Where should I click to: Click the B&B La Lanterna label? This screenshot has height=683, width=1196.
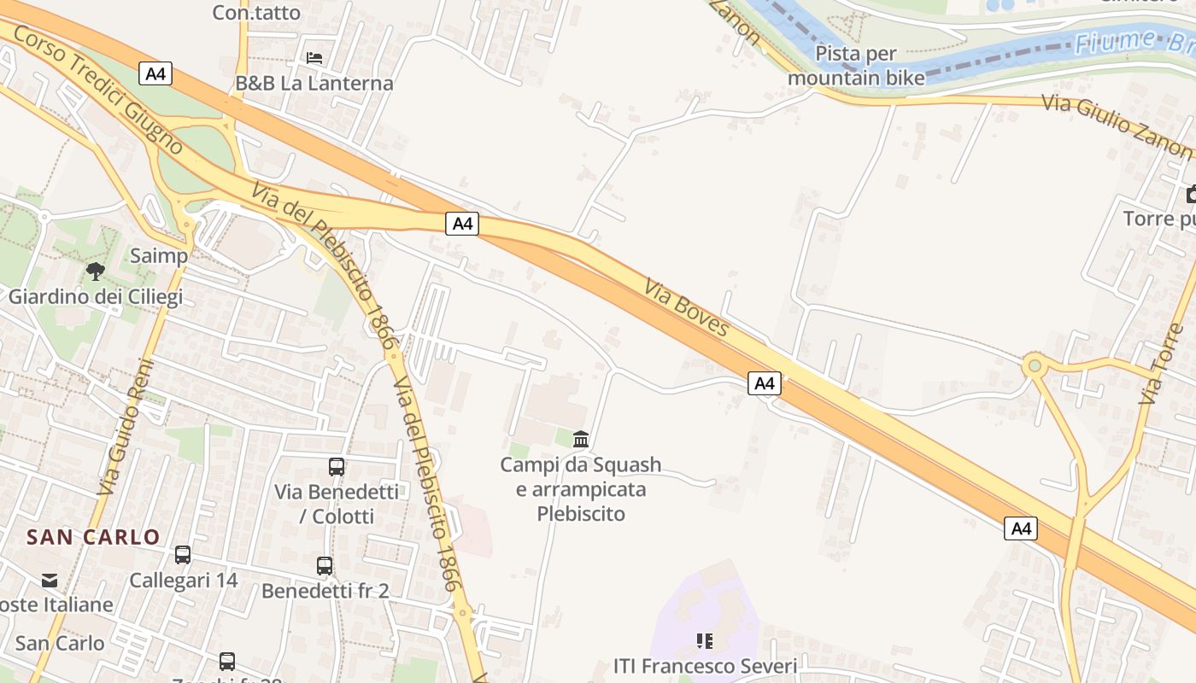coord(314,83)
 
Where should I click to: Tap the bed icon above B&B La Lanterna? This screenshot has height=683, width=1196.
coord(314,58)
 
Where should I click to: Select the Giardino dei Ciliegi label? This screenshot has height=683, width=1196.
coord(96,297)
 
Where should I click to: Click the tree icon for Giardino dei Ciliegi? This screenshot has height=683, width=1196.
coord(96,271)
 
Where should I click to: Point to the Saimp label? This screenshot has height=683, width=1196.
coord(159,255)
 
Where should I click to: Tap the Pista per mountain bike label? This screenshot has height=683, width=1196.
coord(856,66)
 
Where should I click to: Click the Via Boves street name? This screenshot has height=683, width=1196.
coord(687,307)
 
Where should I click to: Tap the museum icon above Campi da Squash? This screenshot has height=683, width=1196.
coord(581,440)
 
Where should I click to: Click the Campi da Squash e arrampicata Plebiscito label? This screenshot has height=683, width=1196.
coord(581,489)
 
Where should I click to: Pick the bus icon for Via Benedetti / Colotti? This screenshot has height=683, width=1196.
coord(337,467)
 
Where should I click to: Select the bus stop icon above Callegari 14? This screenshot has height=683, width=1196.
coord(183,555)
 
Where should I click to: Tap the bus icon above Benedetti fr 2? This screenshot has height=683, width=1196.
coord(325,566)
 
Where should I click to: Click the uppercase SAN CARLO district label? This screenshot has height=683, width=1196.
coord(93,537)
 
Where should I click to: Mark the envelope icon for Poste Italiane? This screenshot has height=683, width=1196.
coord(50,581)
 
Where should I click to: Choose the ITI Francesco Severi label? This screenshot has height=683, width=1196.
coord(706,666)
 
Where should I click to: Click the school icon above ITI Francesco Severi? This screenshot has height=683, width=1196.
coord(705,640)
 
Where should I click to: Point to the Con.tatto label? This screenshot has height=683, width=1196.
coord(256,12)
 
